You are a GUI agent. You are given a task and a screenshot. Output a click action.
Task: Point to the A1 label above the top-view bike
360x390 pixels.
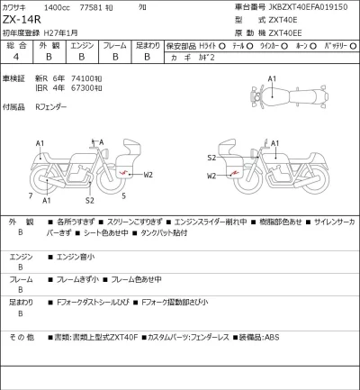tap(273, 78)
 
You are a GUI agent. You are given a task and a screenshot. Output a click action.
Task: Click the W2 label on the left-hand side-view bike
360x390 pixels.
tap(148, 174)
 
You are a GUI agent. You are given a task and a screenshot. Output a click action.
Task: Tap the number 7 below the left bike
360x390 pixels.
tap(31, 195)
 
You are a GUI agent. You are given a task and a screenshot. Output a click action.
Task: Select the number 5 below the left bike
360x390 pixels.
tap(123, 195)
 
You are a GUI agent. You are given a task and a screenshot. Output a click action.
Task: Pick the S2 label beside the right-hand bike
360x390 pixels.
tap(211, 158)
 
